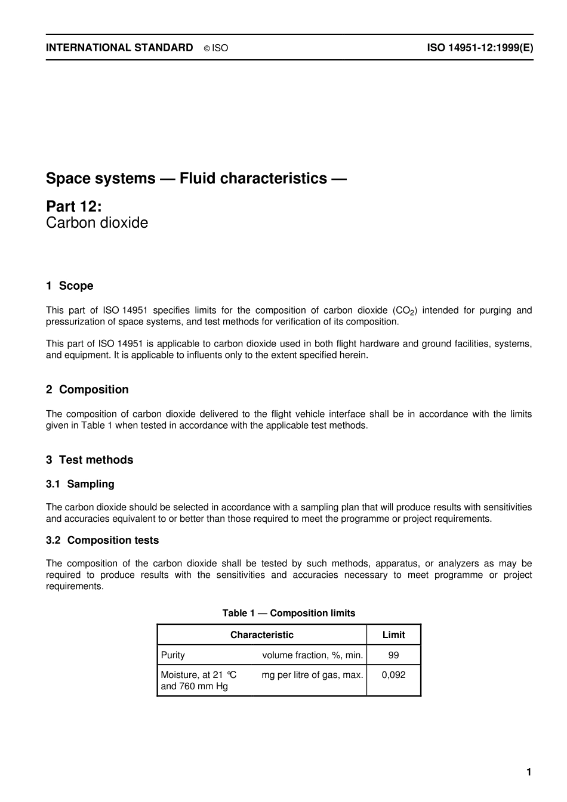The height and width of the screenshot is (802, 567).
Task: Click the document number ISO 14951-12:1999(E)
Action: pyautogui.click(x=480, y=48)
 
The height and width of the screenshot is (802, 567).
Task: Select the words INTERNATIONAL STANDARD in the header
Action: pyautogui.click(x=119, y=48)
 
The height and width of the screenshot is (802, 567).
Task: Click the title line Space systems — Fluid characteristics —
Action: pyautogui.click(x=196, y=178)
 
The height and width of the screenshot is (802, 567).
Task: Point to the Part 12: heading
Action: pyautogui.click(x=74, y=206)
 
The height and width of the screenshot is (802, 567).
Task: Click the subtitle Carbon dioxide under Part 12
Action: pyautogui.click(x=97, y=223)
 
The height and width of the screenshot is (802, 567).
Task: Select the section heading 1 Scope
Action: pyautogui.click(x=70, y=286)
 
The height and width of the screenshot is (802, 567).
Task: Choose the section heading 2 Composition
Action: pyautogui.click(x=87, y=390)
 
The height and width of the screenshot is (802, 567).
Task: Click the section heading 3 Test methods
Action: pyautogui.click(x=90, y=460)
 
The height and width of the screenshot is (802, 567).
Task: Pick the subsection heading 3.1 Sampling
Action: pyautogui.click(x=80, y=484)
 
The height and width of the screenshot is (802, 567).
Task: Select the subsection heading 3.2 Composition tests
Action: pyautogui.click(x=102, y=540)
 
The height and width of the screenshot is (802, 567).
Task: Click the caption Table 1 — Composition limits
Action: pyautogui.click(x=289, y=613)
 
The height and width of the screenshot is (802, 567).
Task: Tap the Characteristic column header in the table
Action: pyautogui.click(x=262, y=635)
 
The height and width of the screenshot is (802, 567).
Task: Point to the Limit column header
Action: pyautogui.click(x=393, y=635)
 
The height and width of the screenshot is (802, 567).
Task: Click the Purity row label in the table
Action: pyautogui.click(x=173, y=655)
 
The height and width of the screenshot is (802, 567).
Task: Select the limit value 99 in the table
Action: pyautogui.click(x=393, y=655)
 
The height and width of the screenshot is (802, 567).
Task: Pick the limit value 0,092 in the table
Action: pyautogui.click(x=393, y=675)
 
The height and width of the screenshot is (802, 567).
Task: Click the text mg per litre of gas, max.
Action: pyautogui.click(x=312, y=675)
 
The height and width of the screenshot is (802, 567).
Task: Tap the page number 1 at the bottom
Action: pyautogui.click(x=529, y=773)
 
